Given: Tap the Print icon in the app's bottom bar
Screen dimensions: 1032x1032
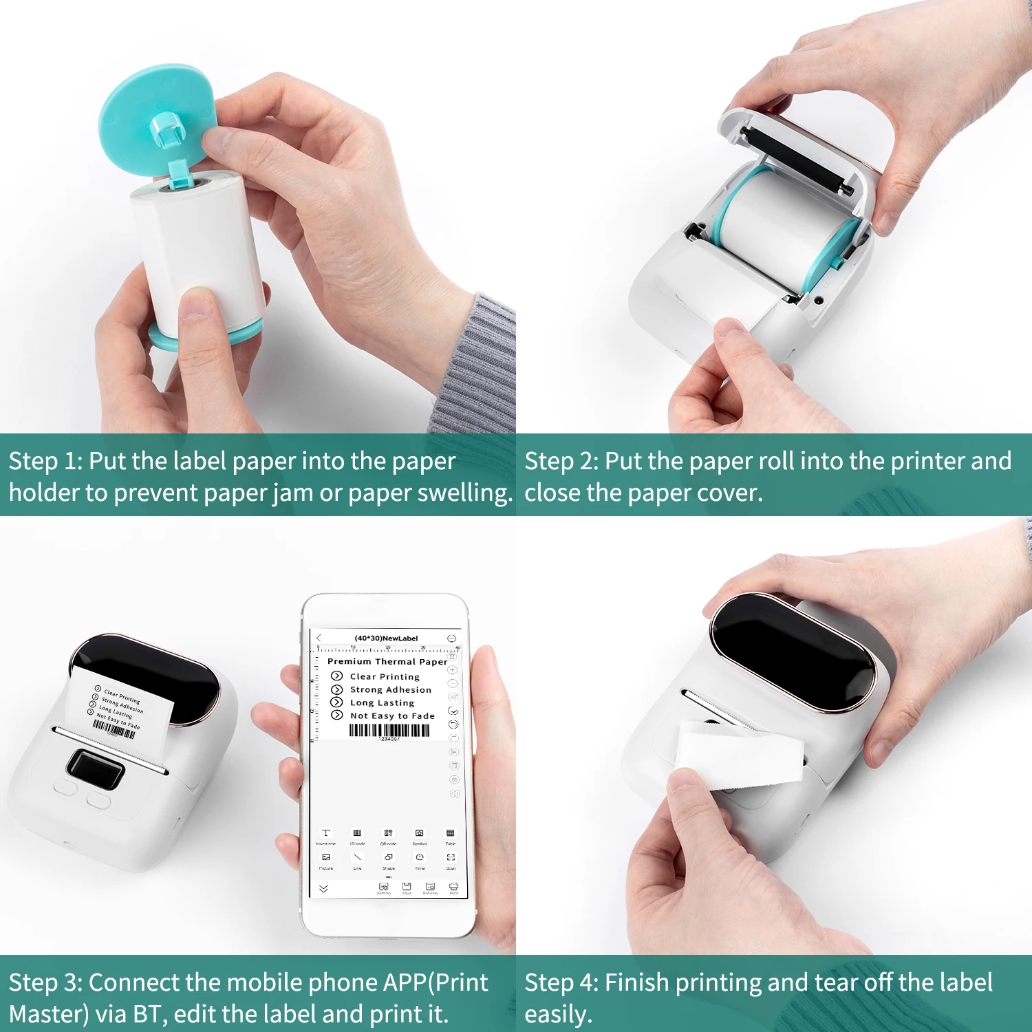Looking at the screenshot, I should coord(453,888).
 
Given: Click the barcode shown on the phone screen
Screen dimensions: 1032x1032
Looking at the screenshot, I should coord(389,730).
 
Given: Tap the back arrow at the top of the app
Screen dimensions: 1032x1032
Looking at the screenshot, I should coord(319,638).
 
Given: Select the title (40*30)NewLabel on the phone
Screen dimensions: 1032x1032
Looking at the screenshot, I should coord(386,638).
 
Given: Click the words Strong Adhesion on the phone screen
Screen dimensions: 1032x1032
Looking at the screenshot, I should coord(390,689).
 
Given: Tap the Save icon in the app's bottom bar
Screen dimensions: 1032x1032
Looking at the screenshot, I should coord(407,888).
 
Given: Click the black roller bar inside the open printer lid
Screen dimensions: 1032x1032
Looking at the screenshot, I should coord(798,159).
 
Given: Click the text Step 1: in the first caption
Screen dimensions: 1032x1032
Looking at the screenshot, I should coord(45,461).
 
